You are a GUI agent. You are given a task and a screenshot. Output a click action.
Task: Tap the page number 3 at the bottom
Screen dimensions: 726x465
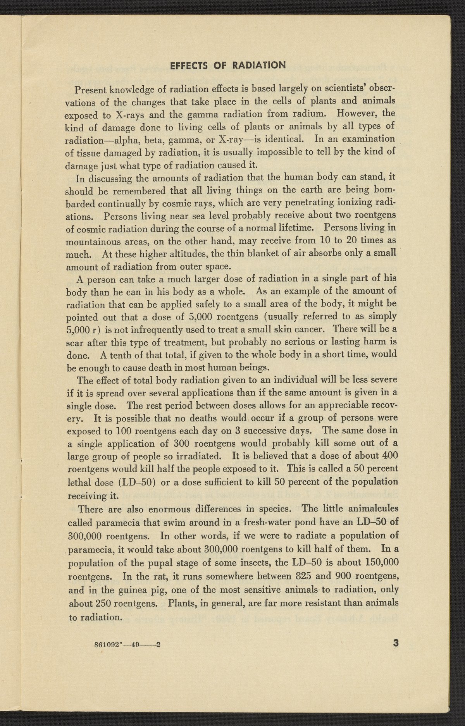pos(396,643)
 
